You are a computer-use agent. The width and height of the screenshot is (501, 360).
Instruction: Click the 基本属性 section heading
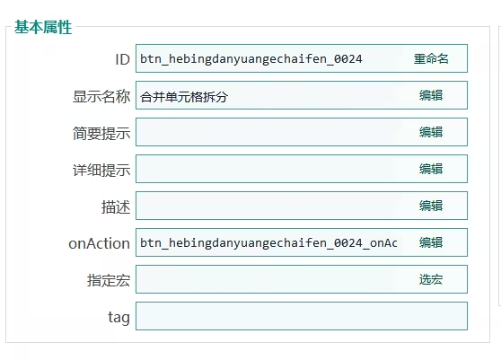tap(43, 27)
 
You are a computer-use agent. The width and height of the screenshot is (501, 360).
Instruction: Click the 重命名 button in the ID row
tap(431, 58)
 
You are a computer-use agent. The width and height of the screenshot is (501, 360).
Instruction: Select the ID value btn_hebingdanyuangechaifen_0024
tap(251, 59)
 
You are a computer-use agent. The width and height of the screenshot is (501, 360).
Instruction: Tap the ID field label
tap(122, 59)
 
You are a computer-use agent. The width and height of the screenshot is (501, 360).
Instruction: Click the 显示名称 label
tap(101, 96)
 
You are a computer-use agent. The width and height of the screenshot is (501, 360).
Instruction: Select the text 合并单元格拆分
tap(184, 97)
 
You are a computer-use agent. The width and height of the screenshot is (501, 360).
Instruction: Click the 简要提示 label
tap(101, 133)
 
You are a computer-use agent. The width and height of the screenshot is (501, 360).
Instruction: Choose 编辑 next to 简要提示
tap(431, 132)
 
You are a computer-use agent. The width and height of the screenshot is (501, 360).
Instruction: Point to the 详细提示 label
tap(101, 170)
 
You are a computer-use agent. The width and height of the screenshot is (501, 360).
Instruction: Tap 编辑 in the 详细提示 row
tap(431, 169)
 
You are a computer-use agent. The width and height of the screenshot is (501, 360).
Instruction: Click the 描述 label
tap(116, 206)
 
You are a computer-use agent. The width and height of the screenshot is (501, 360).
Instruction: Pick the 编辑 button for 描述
tap(431, 206)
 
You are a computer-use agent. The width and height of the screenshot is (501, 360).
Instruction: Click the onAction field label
tap(99, 243)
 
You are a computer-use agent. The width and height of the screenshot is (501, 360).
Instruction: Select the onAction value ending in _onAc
tap(268, 243)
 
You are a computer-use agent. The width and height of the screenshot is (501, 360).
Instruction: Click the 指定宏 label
tap(109, 280)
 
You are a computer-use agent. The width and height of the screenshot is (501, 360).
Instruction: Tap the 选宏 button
tap(431, 279)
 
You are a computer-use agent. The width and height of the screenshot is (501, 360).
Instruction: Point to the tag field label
tap(119, 318)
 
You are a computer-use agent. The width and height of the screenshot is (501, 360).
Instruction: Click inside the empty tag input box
tap(302, 316)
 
